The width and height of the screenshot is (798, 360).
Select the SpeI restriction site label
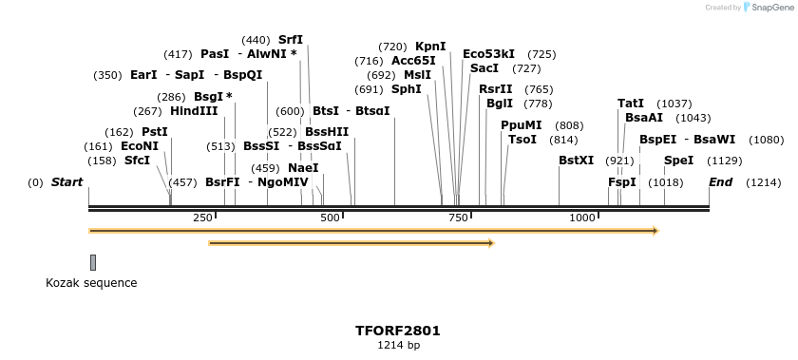click(x=678, y=161)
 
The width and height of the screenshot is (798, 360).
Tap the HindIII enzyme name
click(x=194, y=111)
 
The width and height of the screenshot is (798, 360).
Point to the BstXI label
click(x=576, y=161)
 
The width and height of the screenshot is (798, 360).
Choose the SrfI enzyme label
click(x=291, y=40)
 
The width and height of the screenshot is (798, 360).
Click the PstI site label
click(x=155, y=132)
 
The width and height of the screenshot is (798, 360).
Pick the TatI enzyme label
click(x=631, y=103)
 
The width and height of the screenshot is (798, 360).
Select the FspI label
click(x=621, y=182)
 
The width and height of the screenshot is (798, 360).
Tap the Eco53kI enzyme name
click(x=488, y=54)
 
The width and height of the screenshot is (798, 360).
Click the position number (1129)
click(x=725, y=161)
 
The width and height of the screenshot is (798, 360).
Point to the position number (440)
click(x=256, y=40)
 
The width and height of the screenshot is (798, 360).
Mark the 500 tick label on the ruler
click(x=331, y=218)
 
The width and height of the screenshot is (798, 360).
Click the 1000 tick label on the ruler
click(x=582, y=218)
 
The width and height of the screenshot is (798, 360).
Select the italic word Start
click(x=66, y=182)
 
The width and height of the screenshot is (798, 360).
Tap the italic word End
click(x=721, y=182)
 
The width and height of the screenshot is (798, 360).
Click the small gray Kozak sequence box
click(x=93, y=262)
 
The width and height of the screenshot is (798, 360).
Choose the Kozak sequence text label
click(x=91, y=283)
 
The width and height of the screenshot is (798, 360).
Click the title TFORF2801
click(x=398, y=332)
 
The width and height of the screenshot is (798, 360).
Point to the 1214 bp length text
click(x=398, y=346)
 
